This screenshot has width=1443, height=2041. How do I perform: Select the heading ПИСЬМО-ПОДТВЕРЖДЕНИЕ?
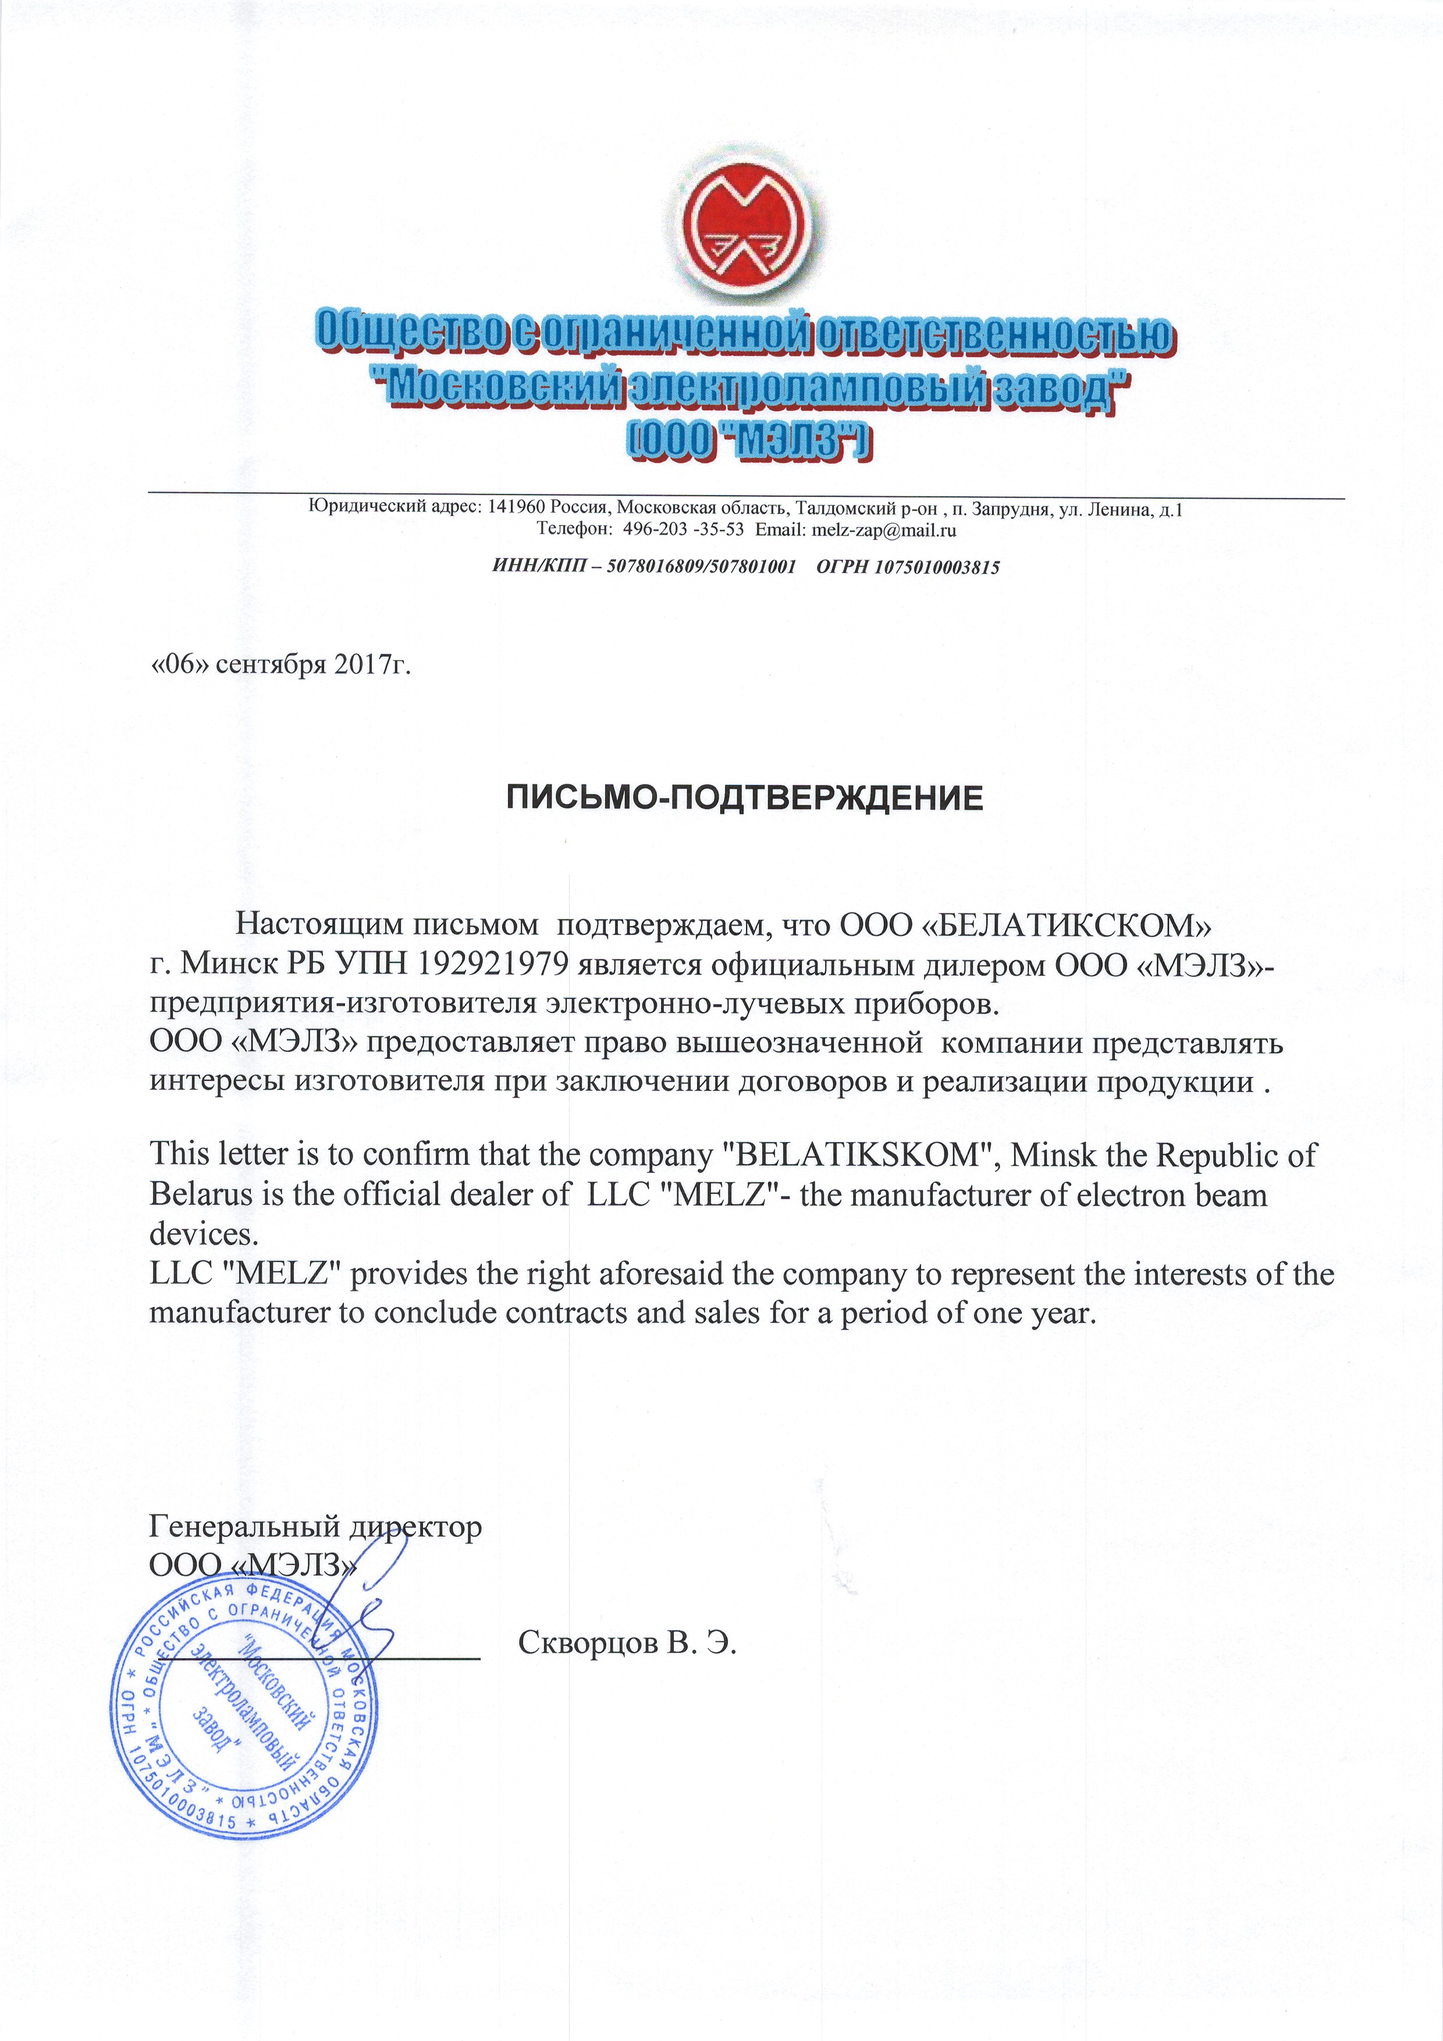point(745,798)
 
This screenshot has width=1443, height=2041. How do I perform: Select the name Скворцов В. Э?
point(628,1643)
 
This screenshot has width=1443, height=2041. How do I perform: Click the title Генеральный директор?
point(315,1527)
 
